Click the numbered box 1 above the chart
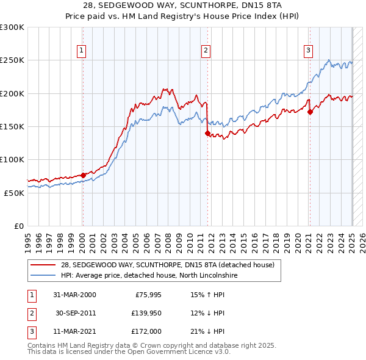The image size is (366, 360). (x=81, y=51)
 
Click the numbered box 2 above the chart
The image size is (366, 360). (x=206, y=51)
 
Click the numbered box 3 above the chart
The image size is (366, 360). (x=309, y=51)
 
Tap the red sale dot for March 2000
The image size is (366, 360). (x=83, y=175)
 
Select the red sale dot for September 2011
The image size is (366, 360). (x=207, y=133)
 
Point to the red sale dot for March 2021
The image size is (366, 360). (x=310, y=112)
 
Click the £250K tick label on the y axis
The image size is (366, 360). (x=12, y=60)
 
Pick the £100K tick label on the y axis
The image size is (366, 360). (x=12, y=159)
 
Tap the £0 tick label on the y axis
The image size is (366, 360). (x=18, y=226)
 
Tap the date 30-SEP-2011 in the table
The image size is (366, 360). (x=75, y=313)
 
